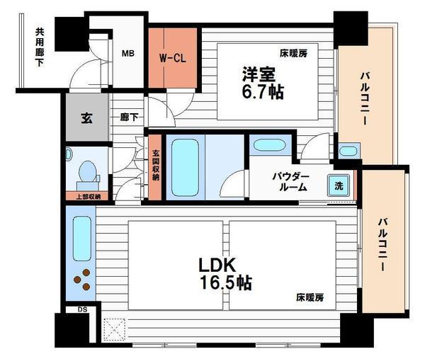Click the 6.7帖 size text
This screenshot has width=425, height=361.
click(261, 93)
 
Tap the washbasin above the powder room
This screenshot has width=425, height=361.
click(268, 146)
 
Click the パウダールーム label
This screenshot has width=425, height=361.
click(289, 182)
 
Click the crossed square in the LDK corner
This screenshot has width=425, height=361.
click(113, 330)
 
